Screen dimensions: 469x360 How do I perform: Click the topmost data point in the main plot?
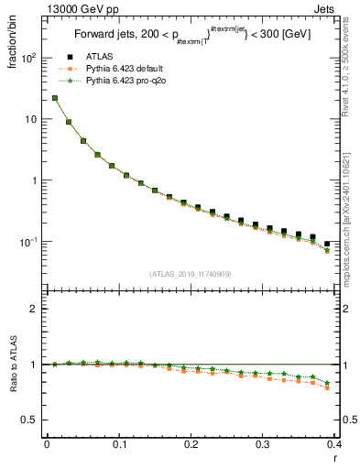coord(55,98)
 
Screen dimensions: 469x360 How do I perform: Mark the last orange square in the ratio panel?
coord(327,387)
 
